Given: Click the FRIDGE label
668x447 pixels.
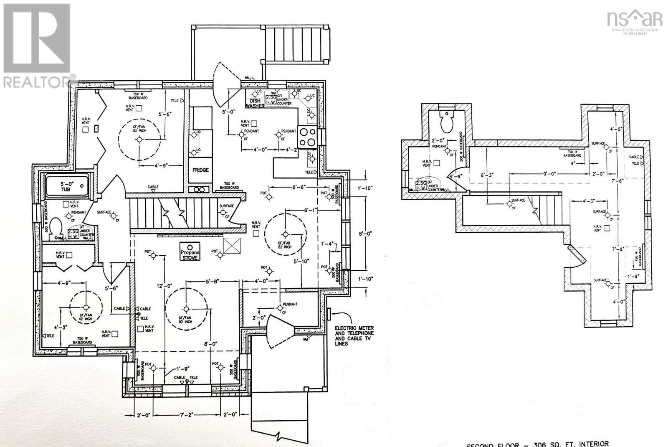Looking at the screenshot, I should click(x=200, y=170).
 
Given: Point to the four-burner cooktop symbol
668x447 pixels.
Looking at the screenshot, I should click(x=307, y=136).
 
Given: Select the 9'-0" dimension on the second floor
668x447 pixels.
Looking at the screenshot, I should click(x=549, y=173).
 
